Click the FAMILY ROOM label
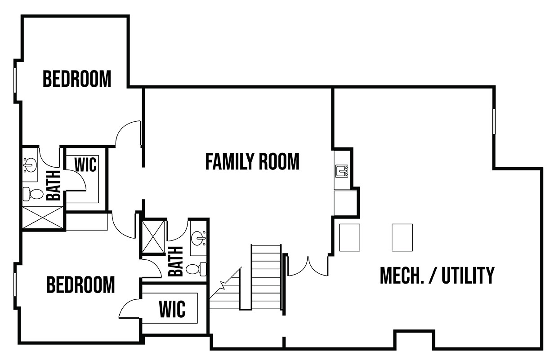pyautogui.click(x=252, y=161)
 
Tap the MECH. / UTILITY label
pyautogui.click(x=437, y=275)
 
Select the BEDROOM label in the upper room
pyautogui.click(x=77, y=79)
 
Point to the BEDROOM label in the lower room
pyautogui.click(x=80, y=284)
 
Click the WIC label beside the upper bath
pyautogui.click(x=85, y=164)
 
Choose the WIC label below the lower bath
pyautogui.click(x=172, y=309)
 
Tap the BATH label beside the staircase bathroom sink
pyautogui.click(x=176, y=261)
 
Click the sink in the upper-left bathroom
pyautogui.click(x=30, y=165)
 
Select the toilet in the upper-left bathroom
pyautogui.click(x=33, y=194)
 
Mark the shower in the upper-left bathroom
pyautogui.click(x=43, y=217)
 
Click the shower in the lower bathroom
pyautogui.click(x=153, y=237)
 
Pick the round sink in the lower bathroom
pyautogui.click(x=199, y=238)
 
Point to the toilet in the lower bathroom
pyautogui.click(x=196, y=269)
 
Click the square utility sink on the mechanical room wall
pyautogui.click(x=342, y=171)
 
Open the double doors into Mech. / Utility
pyautogui.click(x=308, y=267)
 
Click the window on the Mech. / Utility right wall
pyautogui.click(x=494, y=121)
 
